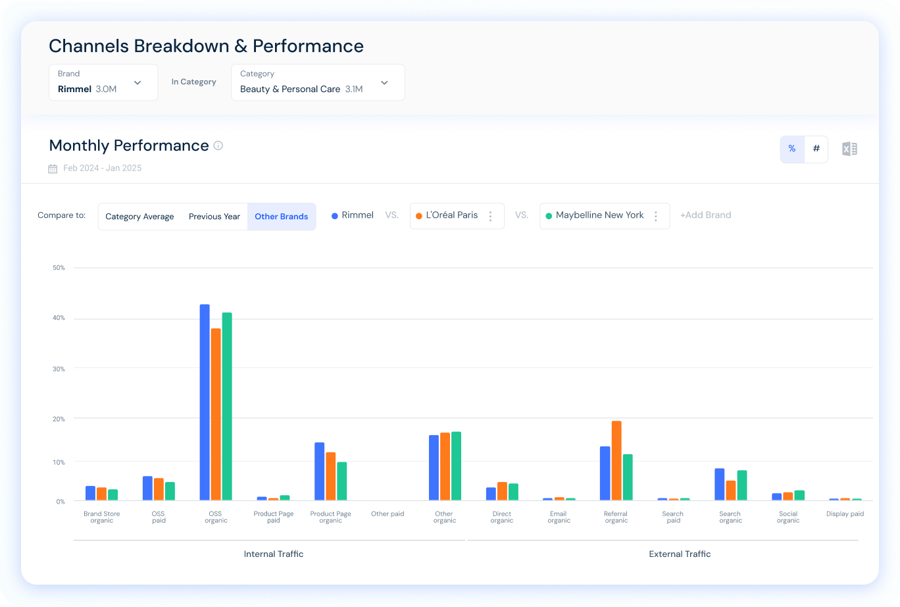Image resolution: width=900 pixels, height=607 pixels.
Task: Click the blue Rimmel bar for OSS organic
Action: click(205, 402)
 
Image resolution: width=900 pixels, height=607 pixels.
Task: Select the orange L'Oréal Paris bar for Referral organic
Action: click(616, 460)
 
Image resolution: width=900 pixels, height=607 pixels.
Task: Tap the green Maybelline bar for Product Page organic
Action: click(341, 481)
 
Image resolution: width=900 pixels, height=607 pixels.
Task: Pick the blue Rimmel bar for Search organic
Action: click(719, 484)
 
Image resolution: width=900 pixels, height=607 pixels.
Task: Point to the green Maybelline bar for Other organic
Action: click(456, 465)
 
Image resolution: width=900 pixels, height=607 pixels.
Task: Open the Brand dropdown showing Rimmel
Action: click(103, 82)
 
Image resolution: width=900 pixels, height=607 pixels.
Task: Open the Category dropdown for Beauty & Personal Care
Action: click(318, 82)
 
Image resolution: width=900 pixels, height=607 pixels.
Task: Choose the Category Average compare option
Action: click(139, 217)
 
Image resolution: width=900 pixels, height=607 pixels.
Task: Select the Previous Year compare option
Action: click(214, 217)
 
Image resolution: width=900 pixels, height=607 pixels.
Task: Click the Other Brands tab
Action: click(282, 217)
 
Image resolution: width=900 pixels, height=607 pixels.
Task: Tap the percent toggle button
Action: click(792, 149)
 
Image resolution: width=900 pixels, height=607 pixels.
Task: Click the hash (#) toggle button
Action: click(816, 149)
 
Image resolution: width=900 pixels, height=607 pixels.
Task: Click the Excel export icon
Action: click(849, 149)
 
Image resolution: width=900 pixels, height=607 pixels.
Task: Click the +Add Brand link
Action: click(705, 215)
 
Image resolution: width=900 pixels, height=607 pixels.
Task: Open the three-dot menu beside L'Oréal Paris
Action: click(490, 216)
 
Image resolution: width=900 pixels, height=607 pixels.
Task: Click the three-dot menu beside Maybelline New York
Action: click(655, 216)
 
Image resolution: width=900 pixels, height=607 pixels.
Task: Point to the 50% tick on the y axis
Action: click(59, 268)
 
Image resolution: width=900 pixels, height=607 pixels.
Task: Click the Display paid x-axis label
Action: click(845, 514)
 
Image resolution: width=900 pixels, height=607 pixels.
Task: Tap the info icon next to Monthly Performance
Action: click(218, 145)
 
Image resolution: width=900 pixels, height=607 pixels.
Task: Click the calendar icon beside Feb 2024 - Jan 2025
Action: click(53, 169)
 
